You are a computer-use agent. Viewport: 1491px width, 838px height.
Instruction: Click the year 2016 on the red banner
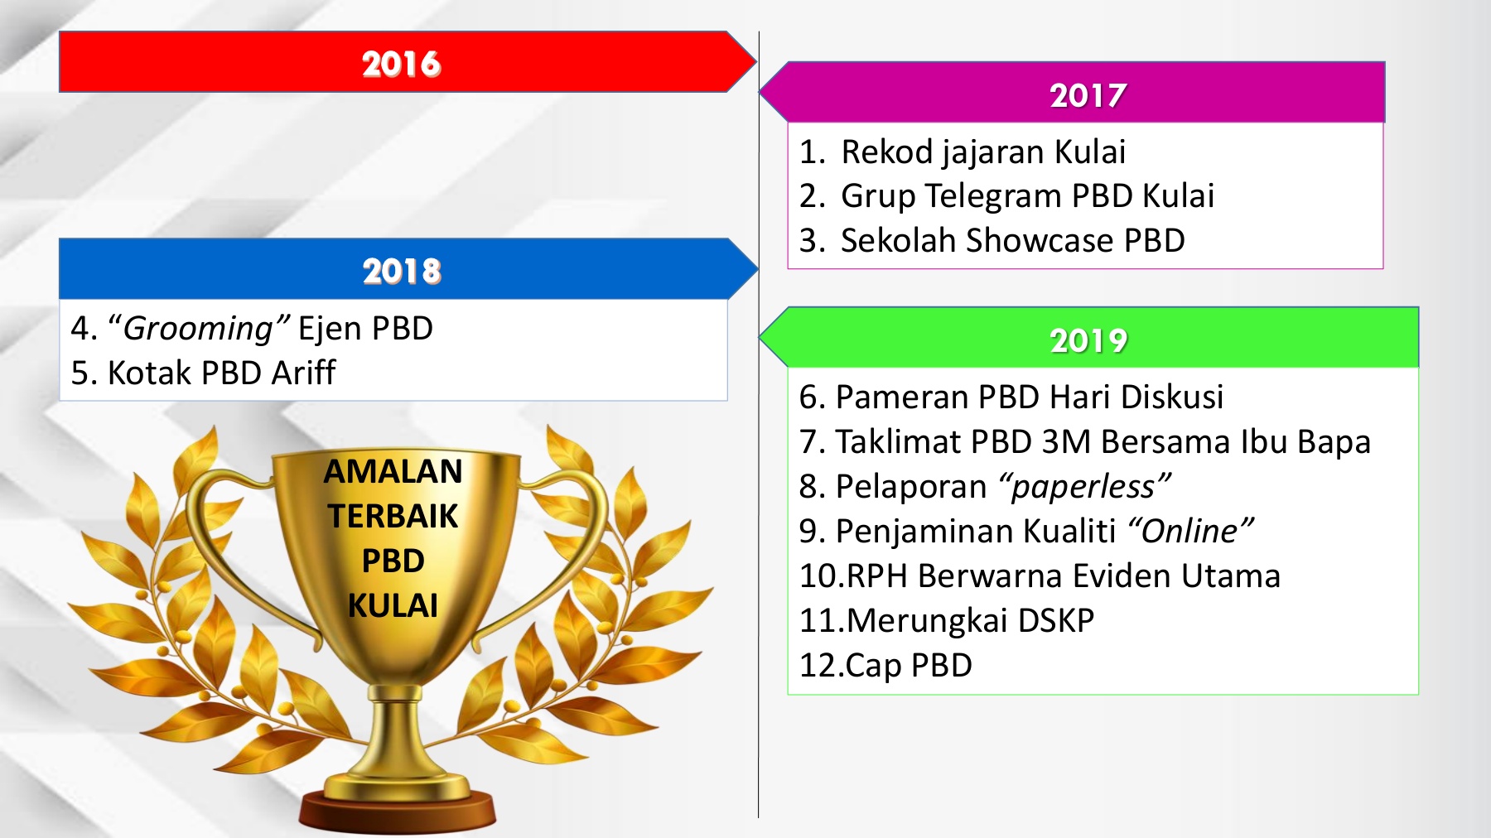point(401,64)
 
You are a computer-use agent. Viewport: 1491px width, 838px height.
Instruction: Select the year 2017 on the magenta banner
point(1088,95)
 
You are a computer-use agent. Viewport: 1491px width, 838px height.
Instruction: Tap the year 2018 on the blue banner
point(402,271)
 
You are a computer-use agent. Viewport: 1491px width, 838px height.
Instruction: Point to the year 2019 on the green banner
point(1088,340)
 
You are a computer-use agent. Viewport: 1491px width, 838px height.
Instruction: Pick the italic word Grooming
point(198,329)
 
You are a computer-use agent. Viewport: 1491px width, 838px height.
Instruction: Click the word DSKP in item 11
point(1056,620)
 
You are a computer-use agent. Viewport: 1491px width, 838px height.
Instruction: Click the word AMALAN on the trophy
point(393,471)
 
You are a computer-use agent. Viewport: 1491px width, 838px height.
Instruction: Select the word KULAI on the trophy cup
point(393,605)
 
